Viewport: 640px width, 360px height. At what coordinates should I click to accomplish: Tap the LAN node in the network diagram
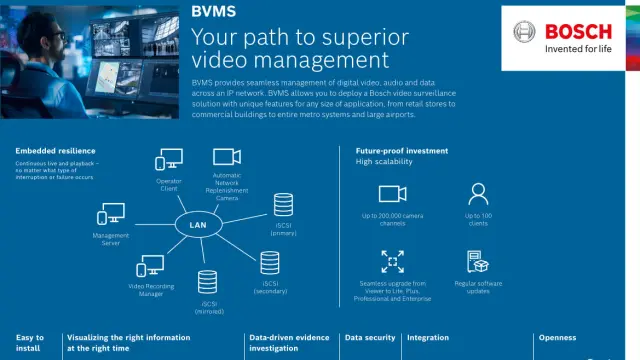(198, 225)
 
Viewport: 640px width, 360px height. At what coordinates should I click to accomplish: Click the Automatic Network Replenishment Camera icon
(227, 157)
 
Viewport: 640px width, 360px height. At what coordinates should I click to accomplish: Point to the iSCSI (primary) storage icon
(283, 205)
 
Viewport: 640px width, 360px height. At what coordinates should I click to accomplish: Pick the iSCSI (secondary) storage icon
(269, 263)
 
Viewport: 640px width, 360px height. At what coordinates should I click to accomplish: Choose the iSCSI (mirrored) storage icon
(208, 282)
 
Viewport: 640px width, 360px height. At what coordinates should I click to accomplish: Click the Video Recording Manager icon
(151, 266)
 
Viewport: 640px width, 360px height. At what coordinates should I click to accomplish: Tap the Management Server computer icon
(110, 214)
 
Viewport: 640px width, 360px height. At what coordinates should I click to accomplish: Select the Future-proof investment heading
(401, 151)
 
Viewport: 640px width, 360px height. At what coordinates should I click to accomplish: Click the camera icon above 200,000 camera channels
(391, 194)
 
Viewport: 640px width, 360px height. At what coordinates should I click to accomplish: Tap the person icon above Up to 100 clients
(478, 193)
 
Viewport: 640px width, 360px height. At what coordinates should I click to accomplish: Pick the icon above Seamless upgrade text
(391, 262)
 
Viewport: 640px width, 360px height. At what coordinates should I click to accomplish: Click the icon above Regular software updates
(478, 262)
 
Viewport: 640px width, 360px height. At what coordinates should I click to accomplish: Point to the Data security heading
(370, 338)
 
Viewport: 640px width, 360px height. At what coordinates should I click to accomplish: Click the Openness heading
(558, 338)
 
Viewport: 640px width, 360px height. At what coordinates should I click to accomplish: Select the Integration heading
(428, 338)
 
